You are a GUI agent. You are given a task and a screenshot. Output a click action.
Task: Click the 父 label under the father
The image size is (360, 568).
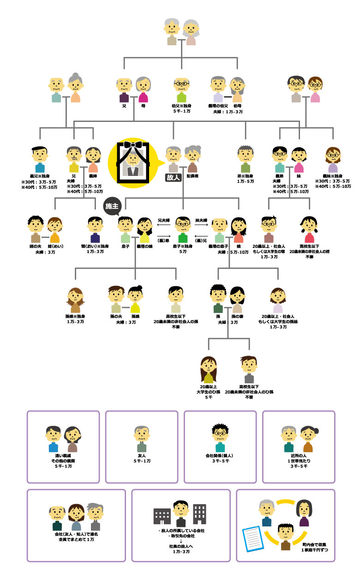[x=124, y=106]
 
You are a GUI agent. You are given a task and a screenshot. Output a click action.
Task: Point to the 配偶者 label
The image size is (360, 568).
[x=193, y=176]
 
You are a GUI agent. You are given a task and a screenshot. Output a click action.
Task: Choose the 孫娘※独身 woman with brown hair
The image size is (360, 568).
[x=75, y=300]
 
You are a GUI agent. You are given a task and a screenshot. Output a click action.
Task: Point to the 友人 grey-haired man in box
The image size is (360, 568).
[x=142, y=439]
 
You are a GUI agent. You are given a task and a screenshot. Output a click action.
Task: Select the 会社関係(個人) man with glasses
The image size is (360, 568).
[x=220, y=438]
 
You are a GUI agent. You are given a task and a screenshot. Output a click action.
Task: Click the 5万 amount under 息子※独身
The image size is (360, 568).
[x=183, y=252]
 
